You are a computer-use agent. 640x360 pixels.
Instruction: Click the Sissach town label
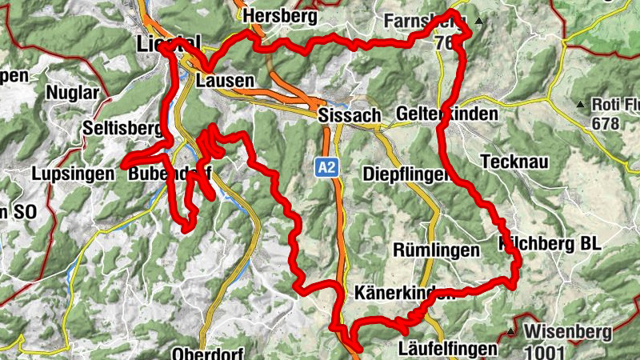pyautogui.click(x=350, y=115)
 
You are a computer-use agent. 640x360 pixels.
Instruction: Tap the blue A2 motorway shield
pyautogui.click(x=325, y=167)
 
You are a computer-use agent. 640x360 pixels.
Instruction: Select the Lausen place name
pyautogui.click(x=224, y=81)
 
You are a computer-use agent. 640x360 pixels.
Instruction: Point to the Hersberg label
pyautogui.click(x=282, y=16)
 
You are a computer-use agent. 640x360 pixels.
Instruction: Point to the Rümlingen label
pyautogui.click(x=436, y=250)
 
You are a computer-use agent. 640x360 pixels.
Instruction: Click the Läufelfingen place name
pyautogui.click(x=447, y=349)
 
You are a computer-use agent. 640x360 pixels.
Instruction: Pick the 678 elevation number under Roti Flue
pyautogui.click(x=608, y=123)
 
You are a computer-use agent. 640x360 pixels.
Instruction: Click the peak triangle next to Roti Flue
pyautogui.click(x=579, y=104)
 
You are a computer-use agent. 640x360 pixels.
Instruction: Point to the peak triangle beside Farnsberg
pyautogui.click(x=479, y=20)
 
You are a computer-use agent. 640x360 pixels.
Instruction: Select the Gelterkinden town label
pyautogui.click(x=446, y=114)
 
